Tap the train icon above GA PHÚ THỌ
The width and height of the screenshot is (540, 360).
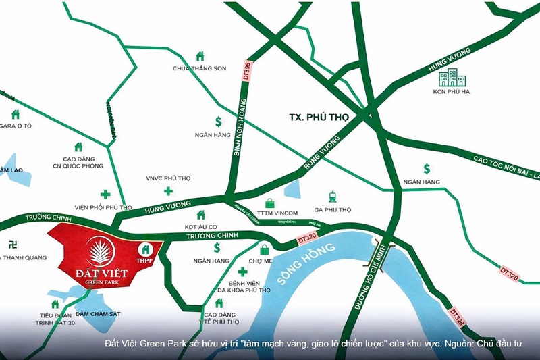tap(333, 197)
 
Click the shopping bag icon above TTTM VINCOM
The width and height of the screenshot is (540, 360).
tap(270, 203)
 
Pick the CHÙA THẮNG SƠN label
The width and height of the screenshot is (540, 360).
tap(199, 68)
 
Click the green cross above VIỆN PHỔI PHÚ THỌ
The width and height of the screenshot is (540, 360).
tap(105, 194)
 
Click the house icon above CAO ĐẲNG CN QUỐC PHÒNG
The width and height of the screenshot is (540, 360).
tap(78, 147)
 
